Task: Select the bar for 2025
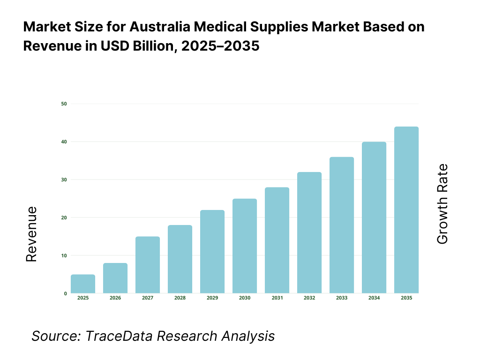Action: tap(83, 284)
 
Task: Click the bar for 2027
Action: tap(148, 265)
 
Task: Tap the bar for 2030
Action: tap(245, 246)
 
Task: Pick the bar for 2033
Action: tap(342, 225)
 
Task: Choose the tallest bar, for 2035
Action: tap(406, 210)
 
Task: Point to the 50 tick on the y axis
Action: tap(64, 104)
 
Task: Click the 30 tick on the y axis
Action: tap(64, 180)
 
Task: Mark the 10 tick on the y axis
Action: tap(64, 255)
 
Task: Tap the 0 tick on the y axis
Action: tap(65, 293)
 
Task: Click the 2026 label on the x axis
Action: tap(115, 298)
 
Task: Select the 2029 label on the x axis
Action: tap(212, 298)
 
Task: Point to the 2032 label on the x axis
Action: tap(309, 298)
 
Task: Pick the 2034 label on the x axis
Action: tap(374, 298)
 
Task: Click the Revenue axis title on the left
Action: tap(31, 234)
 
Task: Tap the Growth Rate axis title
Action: tap(442, 204)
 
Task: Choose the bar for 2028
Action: tap(180, 259)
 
